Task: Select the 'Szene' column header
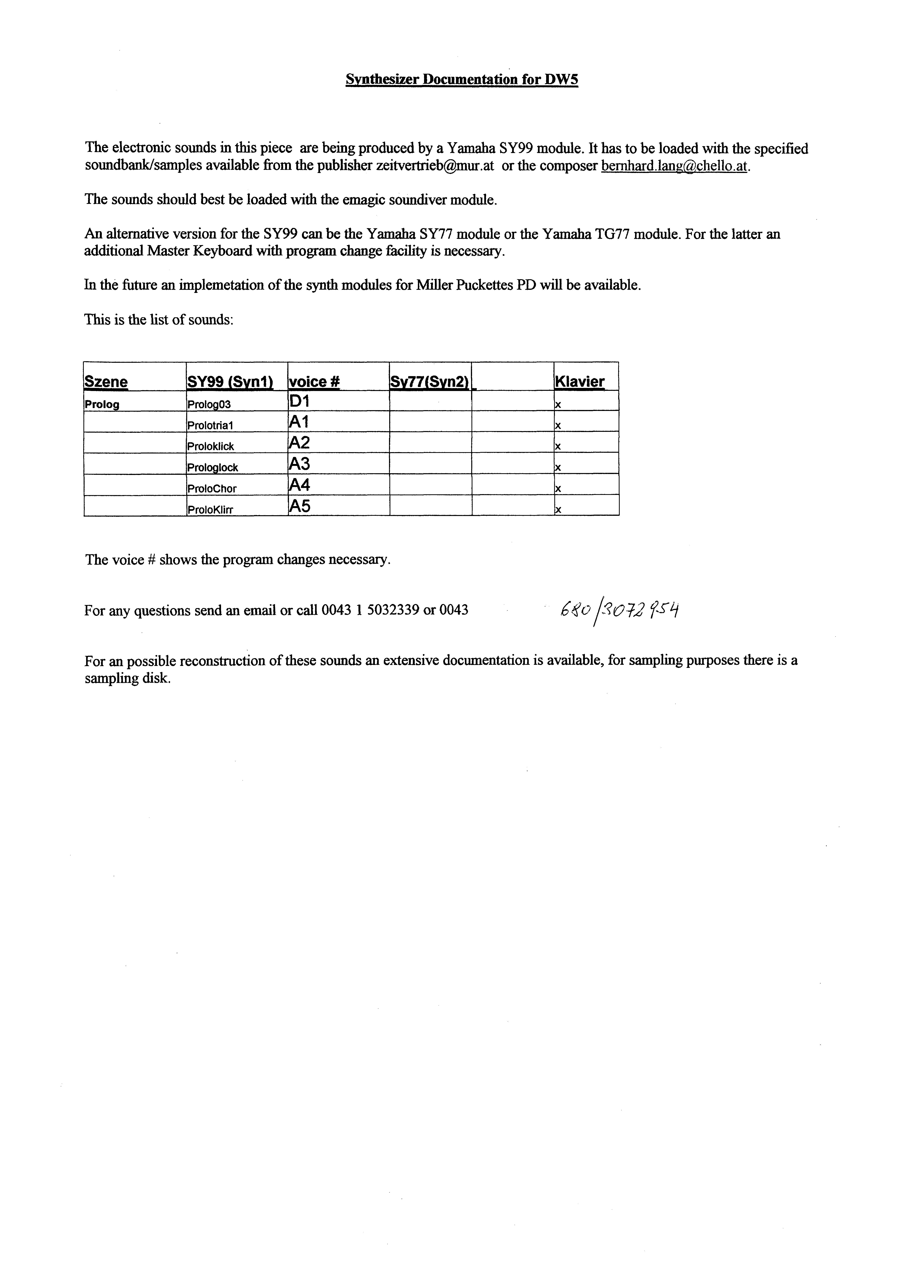point(106,382)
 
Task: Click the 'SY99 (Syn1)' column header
point(230,382)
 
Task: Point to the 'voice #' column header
point(314,382)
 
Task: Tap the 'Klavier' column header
point(579,382)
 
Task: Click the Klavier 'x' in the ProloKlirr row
point(558,510)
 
